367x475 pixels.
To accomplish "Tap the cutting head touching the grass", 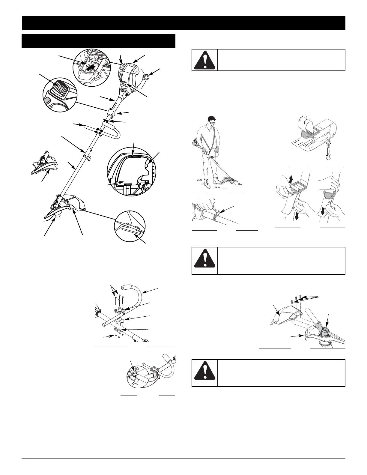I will click(229, 181).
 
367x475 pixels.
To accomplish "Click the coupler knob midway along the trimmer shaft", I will click(88, 156).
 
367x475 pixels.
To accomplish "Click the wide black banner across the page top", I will click(183, 23).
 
